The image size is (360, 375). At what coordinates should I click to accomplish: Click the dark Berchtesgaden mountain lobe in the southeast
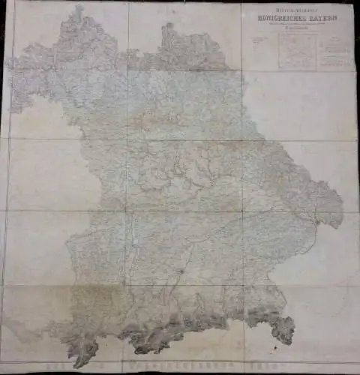click(283, 328)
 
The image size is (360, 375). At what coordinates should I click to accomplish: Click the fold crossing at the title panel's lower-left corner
click(242, 70)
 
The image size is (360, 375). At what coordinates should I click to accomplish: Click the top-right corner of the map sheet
click(353, 4)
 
